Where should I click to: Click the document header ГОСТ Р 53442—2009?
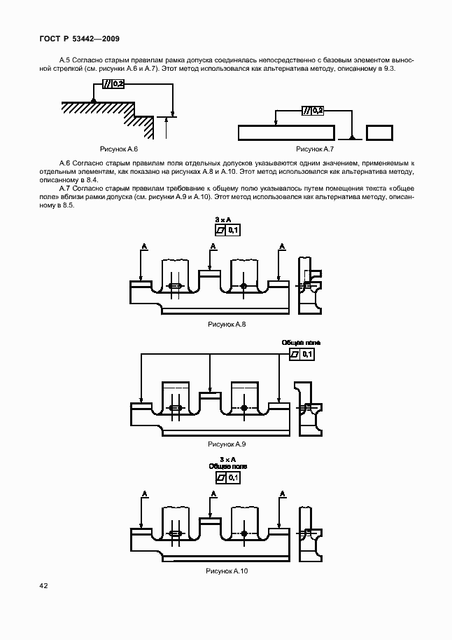pos(80,39)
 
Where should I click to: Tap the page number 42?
pos(43,586)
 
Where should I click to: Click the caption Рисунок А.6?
pos(119,149)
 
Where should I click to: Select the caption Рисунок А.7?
pos(315,149)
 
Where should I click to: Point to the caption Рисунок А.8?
pos(227,325)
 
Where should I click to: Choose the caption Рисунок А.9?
pos(227,444)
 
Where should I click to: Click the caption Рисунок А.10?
pos(227,571)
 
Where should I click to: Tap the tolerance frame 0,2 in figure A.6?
pos(113,85)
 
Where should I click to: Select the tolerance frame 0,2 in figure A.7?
pos(313,110)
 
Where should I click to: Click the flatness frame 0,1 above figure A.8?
pos(227,231)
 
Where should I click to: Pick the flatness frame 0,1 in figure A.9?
pos(302,354)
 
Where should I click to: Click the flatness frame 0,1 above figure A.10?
pos(227,477)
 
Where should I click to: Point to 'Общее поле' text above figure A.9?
pos(301,343)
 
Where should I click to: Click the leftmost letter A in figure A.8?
pos(145,246)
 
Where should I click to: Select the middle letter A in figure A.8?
pos(213,246)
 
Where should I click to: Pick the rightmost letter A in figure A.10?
pos(283,494)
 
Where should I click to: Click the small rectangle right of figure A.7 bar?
pos(379,133)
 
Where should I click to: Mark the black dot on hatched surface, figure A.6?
pos(94,100)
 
